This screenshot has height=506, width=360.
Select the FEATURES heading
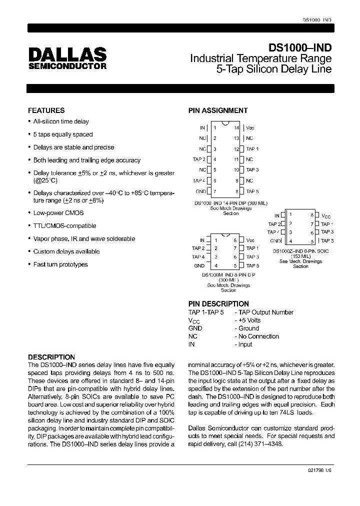click(x=46, y=110)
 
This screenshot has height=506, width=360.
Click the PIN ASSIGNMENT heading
click(x=217, y=110)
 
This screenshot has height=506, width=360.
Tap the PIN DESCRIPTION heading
click(x=218, y=303)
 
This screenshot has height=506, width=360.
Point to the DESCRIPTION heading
click(x=51, y=357)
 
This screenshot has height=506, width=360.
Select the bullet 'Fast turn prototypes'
click(x=60, y=264)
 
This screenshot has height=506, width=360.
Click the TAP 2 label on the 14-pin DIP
click(x=199, y=159)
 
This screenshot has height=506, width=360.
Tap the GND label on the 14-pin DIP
click(x=200, y=191)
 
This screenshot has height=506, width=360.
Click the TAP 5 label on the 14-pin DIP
click(x=252, y=191)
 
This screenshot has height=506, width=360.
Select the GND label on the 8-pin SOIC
click(x=275, y=240)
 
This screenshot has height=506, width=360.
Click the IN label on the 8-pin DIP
click(x=202, y=240)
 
